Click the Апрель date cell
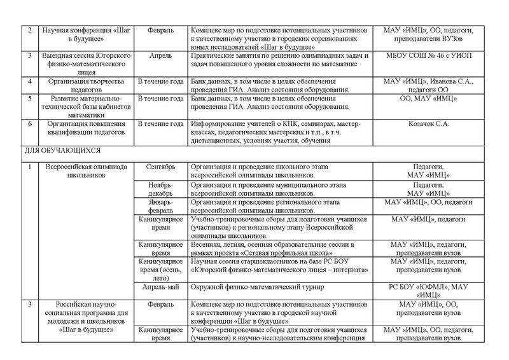[160, 56]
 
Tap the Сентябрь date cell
[160, 168]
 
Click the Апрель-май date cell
[160, 287]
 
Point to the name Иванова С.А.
[458, 81]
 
